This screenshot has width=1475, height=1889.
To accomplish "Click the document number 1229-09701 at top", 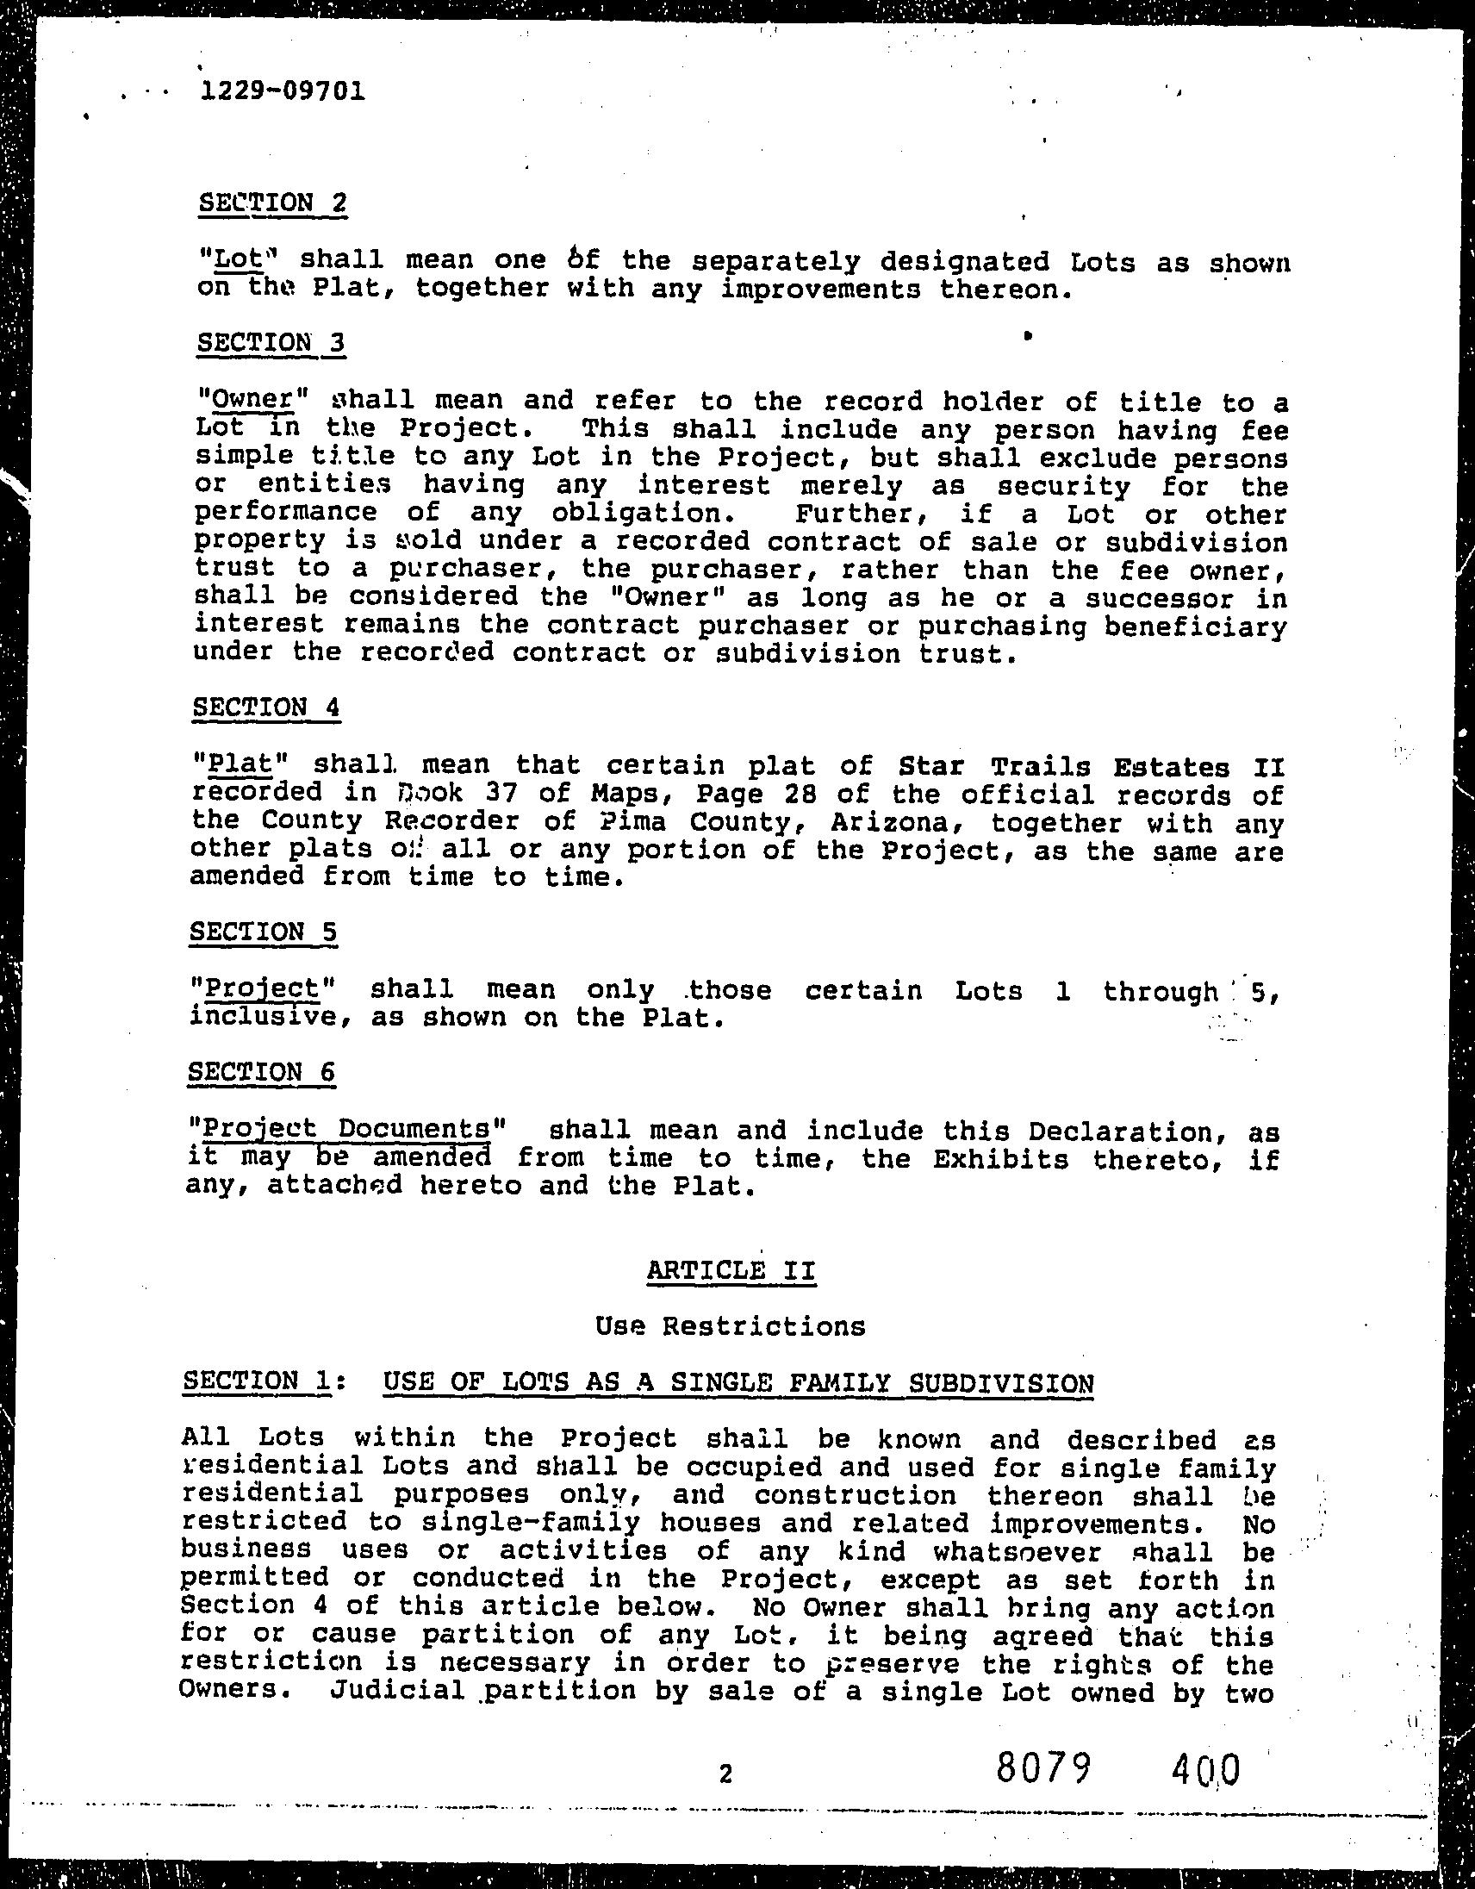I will click(x=282, y=90).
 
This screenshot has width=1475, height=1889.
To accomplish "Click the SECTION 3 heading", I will click(x=271, y=342).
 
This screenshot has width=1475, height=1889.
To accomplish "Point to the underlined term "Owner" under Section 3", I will click(x=252, y=400).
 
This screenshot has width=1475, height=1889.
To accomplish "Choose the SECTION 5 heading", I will click(x=263, y=932).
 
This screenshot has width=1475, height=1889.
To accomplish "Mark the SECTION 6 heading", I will click(x=261, y=1072).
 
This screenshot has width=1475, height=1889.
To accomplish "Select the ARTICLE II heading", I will click(x=731, y=1270).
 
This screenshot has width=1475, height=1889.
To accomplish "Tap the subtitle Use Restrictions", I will click(x=731, y=1326).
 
